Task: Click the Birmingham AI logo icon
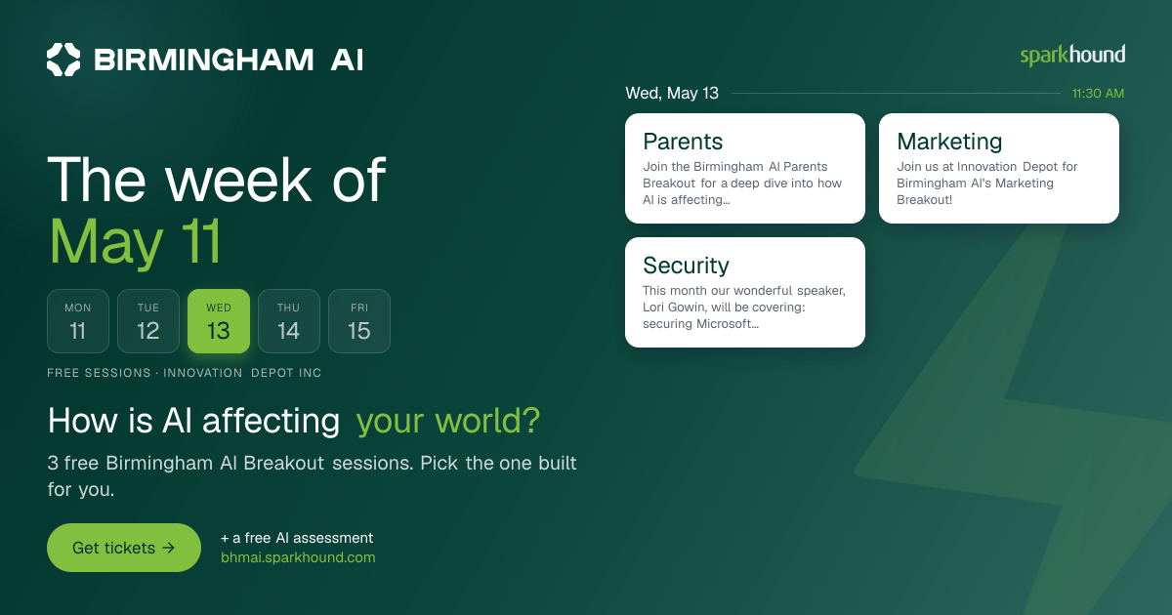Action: [63, 60]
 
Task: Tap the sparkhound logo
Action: [1072, 56]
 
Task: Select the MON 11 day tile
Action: [78, 321]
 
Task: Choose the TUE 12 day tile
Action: [148, 321]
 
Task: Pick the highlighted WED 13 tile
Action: [219, 321]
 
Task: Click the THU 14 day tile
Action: [289, 321]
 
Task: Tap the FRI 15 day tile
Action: [359, 321]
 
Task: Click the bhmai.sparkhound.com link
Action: [298, 557]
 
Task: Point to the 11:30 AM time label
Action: [1098, 93]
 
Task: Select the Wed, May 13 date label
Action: [672, 93]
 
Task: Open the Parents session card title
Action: [683, 142]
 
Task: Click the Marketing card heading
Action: [949, 142]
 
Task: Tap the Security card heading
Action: [686, 266]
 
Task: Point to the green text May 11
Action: [135, 242]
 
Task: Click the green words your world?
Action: [448, 421]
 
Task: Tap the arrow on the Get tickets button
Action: [168, 548]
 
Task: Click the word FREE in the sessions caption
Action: [63, 373]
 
